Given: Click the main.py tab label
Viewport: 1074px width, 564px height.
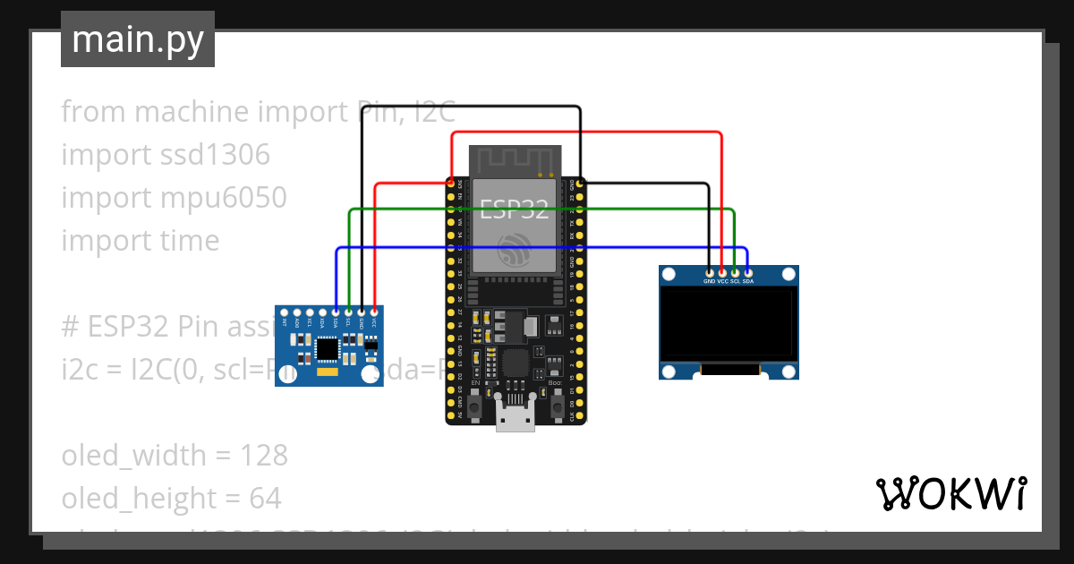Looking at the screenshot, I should pos(137,40).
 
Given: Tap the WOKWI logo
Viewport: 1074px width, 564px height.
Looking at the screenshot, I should pos(950,493).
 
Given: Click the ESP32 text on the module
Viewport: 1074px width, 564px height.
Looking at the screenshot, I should pos(515,209).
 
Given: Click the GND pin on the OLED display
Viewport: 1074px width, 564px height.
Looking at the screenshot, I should pos(710,272).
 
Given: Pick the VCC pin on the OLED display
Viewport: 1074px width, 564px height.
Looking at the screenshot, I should pos(722,272).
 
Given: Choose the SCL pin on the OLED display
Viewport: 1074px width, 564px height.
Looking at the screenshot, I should pos(735,272).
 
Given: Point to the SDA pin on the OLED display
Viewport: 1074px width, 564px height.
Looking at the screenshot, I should pos(747,272).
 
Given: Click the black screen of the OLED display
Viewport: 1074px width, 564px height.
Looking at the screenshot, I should pos(729,323).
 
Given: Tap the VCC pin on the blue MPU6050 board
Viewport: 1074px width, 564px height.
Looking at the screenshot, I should pos(374,312).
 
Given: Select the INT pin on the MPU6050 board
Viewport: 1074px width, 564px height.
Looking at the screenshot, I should pos(286,312).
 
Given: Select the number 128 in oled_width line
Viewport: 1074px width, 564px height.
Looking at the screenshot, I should pos(264,456).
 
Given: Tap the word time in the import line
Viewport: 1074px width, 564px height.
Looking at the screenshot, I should pos(184,241).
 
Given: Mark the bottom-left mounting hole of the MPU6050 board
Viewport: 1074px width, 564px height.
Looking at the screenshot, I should pos(287,376).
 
